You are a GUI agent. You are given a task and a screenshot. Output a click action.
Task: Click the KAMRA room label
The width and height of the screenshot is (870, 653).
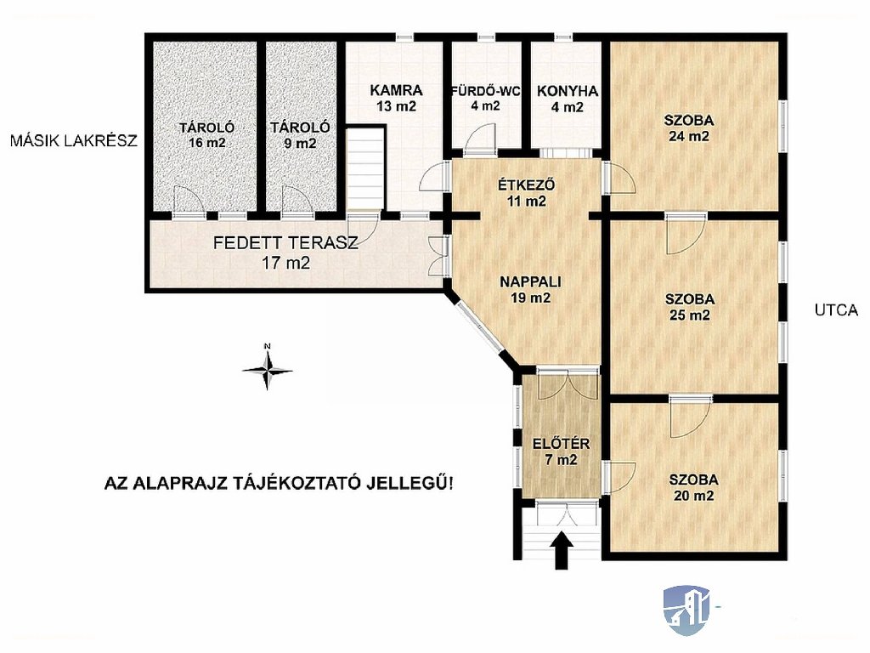coord(396,90)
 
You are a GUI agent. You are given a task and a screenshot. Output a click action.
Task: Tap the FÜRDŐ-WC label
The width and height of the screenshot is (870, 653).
coord(485,91)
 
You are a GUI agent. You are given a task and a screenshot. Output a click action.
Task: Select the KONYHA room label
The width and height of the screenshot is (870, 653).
coord(567,91)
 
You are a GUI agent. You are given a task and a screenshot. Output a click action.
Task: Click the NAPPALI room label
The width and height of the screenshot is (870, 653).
coord(530,281)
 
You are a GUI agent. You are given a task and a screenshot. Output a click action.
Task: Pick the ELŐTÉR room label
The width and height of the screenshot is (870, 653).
coord(561,444)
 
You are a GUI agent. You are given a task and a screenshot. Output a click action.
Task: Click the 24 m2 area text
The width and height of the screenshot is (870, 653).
coord(688,136)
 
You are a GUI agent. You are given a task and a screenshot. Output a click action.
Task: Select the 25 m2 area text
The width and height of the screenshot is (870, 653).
coord(689,315)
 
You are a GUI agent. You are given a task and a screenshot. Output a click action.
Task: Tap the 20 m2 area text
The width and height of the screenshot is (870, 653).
coord(693,496)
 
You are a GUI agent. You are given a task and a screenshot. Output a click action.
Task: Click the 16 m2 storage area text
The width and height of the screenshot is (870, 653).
coord(207,143)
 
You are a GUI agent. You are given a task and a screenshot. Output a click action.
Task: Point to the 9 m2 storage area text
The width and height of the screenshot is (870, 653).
coord(300,143)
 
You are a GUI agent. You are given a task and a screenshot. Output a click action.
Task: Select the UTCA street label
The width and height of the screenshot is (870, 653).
coord(836,310)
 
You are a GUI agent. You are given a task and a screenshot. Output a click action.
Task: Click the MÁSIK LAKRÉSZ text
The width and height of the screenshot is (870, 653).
coord(73,140)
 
